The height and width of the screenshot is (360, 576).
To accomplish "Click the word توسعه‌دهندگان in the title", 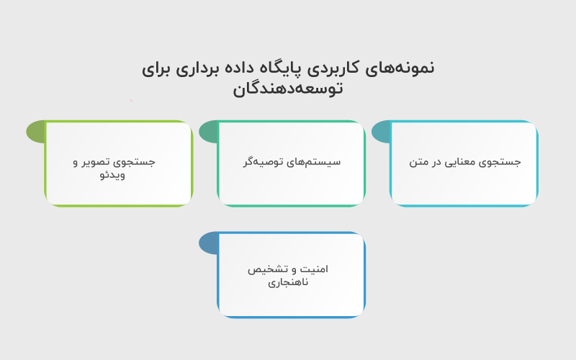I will pos(288,89).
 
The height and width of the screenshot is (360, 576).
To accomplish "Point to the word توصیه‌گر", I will pos(264,162).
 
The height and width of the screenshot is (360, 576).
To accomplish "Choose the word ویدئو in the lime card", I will pos(114,174).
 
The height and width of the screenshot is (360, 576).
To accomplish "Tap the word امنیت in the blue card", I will pos(314,269).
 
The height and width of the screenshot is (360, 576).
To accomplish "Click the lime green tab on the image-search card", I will pos(35,132).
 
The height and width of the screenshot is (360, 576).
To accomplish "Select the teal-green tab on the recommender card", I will pos(208,132).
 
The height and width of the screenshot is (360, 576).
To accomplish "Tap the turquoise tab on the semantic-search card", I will pos(381,132).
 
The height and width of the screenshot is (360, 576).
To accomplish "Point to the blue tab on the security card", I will pos(208,243).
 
